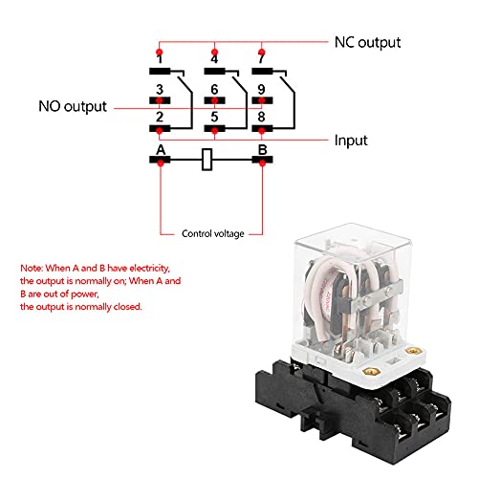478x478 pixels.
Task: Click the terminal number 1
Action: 160,58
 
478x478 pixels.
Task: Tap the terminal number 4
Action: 213,58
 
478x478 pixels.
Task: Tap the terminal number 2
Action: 160,117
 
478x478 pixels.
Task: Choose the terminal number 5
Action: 213,117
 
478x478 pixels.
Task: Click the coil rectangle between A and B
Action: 207,160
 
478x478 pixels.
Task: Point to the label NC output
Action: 367,43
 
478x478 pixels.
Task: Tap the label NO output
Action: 73,107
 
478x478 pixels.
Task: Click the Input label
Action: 350,140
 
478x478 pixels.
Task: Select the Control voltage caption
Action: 213,232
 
